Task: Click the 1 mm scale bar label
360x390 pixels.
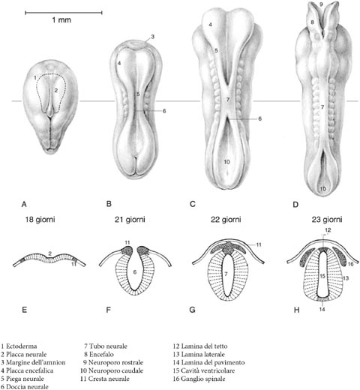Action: [61, 19]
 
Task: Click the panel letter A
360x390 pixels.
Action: [24, 205]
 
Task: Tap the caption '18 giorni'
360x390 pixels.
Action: [40, 220]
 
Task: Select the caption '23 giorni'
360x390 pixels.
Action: [327, 220]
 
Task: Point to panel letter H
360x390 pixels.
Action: [296, 310]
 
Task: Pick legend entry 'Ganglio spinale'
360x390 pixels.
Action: [199, 379]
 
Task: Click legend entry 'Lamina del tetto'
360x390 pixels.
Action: [200, 346]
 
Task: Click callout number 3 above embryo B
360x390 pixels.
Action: [152, 37]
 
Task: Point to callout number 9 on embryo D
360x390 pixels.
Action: [321, 4]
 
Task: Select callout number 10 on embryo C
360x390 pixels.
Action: [226, 162]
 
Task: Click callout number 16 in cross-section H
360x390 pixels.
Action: [350, 264]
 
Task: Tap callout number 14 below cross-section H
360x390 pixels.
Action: [322, 309]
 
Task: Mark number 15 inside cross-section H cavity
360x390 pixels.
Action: [322, 276]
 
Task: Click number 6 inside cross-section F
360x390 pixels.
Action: [135, 271]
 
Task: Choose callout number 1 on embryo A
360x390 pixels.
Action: [35, 78]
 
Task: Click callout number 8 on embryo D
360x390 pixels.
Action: [312, 22]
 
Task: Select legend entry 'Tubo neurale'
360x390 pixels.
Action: [106, 346]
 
